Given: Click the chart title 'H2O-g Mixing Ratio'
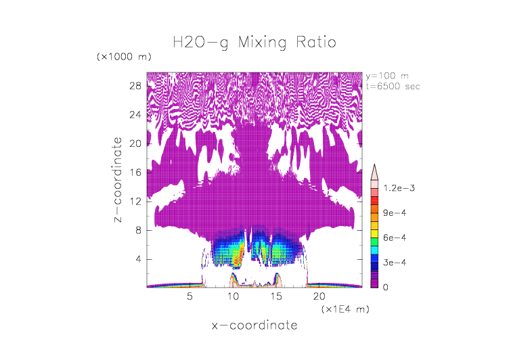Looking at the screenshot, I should click(x=255, y=43).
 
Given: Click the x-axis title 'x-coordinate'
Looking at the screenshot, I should click(x=255, y=325).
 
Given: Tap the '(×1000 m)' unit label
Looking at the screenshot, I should click(x=124, y=56).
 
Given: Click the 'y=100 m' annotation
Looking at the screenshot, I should click(x=386, y=75).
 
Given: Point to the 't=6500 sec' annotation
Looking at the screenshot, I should click(x=392, y=86).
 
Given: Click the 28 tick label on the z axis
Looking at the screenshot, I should click(x=135, y=86).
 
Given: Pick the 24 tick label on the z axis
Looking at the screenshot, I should click(x=135, y=115).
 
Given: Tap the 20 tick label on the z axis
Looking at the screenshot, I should click(x=135, y=143).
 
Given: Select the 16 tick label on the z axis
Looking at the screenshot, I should click(x=135, y=173).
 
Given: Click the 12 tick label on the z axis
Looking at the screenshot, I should click(x=135, y=202).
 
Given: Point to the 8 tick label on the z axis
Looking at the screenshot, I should click(x=137, y=230).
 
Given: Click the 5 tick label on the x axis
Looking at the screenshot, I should click(x=190, y=297).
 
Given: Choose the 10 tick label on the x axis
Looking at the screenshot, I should click(x=234, y=297).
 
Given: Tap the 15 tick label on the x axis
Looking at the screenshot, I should click(x=277, y=297).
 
